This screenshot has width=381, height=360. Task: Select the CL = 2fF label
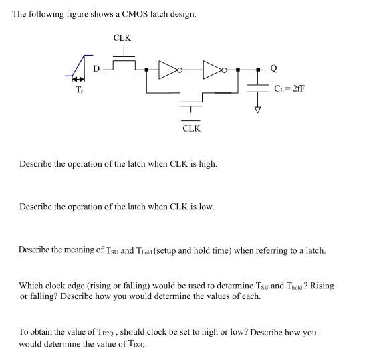(289, 88)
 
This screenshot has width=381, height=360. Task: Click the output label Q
(273, 68)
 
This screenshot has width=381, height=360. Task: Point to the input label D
(96, 68)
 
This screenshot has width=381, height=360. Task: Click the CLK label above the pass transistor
(122, 38)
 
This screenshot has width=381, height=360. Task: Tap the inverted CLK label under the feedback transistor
(191, 128)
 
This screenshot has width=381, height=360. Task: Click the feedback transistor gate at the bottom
(191, 107)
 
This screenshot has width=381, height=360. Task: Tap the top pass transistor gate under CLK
(123, 55)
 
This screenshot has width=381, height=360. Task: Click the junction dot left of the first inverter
(146, 68)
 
